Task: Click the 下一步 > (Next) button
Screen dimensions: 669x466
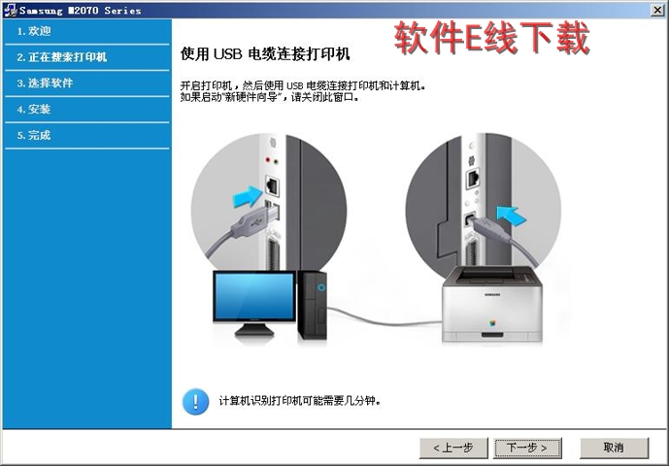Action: coord(527,448)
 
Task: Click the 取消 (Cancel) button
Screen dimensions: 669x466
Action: coord(614,448)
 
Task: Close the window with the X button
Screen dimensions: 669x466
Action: coord(657,10)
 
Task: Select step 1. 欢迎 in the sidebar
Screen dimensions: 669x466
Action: coord(34,31)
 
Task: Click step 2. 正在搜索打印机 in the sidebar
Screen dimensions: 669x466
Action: coord(62,57)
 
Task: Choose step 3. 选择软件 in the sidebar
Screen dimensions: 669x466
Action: coord(46,83)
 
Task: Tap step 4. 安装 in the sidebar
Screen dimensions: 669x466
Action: coord(34,110)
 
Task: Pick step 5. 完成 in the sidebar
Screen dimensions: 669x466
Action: coord(34,135)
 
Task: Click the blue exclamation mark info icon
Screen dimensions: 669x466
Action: coord(195,401)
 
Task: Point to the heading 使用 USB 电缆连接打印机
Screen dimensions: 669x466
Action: coord(265,54)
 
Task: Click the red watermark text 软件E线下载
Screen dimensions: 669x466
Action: coord(492,38)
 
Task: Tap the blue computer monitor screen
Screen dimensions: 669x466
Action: coord(254,296)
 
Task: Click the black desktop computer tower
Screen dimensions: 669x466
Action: coord(313,305)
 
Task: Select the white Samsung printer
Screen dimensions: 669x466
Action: coord(492,305)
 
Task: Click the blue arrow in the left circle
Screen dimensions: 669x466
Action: coord(248,196)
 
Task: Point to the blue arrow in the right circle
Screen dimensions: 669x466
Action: coord(512,216)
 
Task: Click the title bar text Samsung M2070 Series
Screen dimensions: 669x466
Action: coord(81,11)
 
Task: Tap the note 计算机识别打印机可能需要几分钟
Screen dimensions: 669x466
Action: coord(299,401)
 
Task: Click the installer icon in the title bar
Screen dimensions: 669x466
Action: coord(10,11)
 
